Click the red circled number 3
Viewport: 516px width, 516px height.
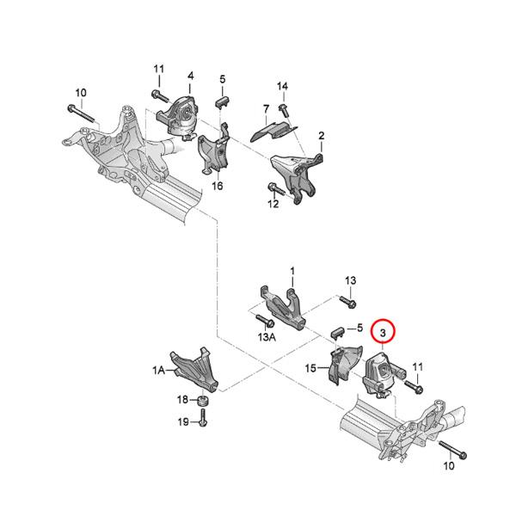383,333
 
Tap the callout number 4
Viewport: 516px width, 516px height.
191,76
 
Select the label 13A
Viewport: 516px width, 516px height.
267,338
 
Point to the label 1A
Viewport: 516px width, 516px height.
158,371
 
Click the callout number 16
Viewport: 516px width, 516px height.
218,187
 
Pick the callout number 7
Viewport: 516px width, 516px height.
266,109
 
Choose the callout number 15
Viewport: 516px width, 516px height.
310,368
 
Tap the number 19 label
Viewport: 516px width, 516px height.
183,422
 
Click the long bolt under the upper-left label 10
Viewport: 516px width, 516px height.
81,114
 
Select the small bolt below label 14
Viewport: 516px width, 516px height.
283,111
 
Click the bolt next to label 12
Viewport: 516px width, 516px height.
276,189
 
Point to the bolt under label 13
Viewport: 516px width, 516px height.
347,302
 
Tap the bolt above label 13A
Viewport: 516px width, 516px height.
265,321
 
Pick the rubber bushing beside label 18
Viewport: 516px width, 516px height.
203,402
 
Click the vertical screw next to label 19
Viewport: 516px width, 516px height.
202,418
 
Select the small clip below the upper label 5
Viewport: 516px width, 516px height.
223,101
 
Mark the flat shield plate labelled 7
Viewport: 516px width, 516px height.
275,131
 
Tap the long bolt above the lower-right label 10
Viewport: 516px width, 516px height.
453,450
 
